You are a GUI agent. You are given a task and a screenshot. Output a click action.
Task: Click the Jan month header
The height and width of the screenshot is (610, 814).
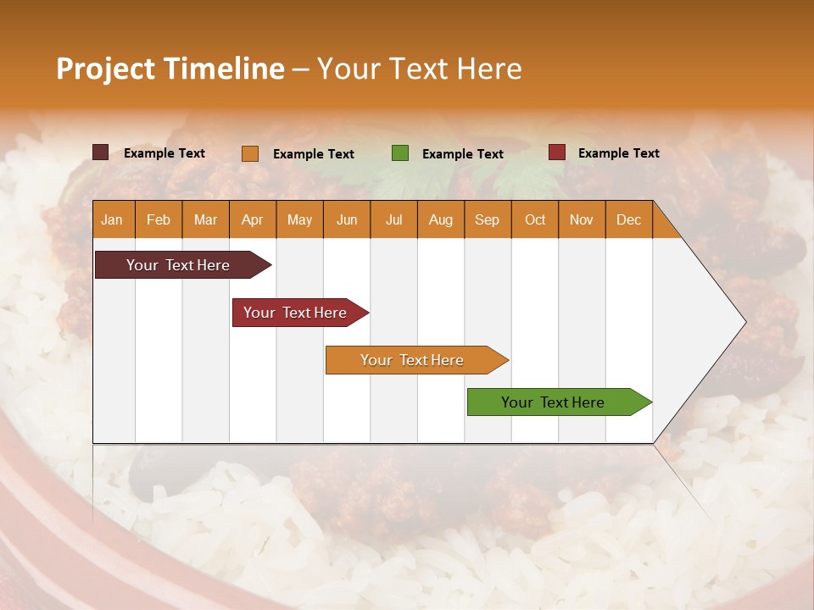pos(112,219)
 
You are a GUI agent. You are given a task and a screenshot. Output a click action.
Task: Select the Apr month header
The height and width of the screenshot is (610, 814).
pos(252,219)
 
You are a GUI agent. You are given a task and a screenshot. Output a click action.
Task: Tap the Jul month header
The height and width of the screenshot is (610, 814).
pos(393,219)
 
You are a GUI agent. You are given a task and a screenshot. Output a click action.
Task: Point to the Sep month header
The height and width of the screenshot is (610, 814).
pos(487,219)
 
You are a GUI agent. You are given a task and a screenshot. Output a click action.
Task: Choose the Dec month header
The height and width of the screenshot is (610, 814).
pos(628,219)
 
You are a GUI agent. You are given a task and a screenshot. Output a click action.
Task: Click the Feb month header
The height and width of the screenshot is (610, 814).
pos(159,219)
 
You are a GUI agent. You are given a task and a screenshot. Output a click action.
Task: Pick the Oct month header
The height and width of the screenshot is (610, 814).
pos(535,219)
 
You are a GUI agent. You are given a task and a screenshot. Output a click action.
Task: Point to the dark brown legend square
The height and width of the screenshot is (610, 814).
pos(101,152)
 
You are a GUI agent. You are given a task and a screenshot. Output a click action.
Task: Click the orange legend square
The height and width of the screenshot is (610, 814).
pos(250,153)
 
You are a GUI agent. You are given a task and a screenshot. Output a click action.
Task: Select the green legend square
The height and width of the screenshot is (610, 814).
pos(400,153)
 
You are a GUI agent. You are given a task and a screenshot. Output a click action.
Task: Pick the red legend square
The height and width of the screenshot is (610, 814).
pos(557,152)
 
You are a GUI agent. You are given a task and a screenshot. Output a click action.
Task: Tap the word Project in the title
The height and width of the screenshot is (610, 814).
pos(105,69)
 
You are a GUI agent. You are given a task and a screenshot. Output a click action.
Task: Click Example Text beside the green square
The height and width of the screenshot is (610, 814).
pos(462,154)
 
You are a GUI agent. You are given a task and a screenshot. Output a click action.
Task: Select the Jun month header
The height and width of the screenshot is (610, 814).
pos(347,219)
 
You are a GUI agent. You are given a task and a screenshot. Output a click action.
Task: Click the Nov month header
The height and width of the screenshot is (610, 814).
pos(582,219)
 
